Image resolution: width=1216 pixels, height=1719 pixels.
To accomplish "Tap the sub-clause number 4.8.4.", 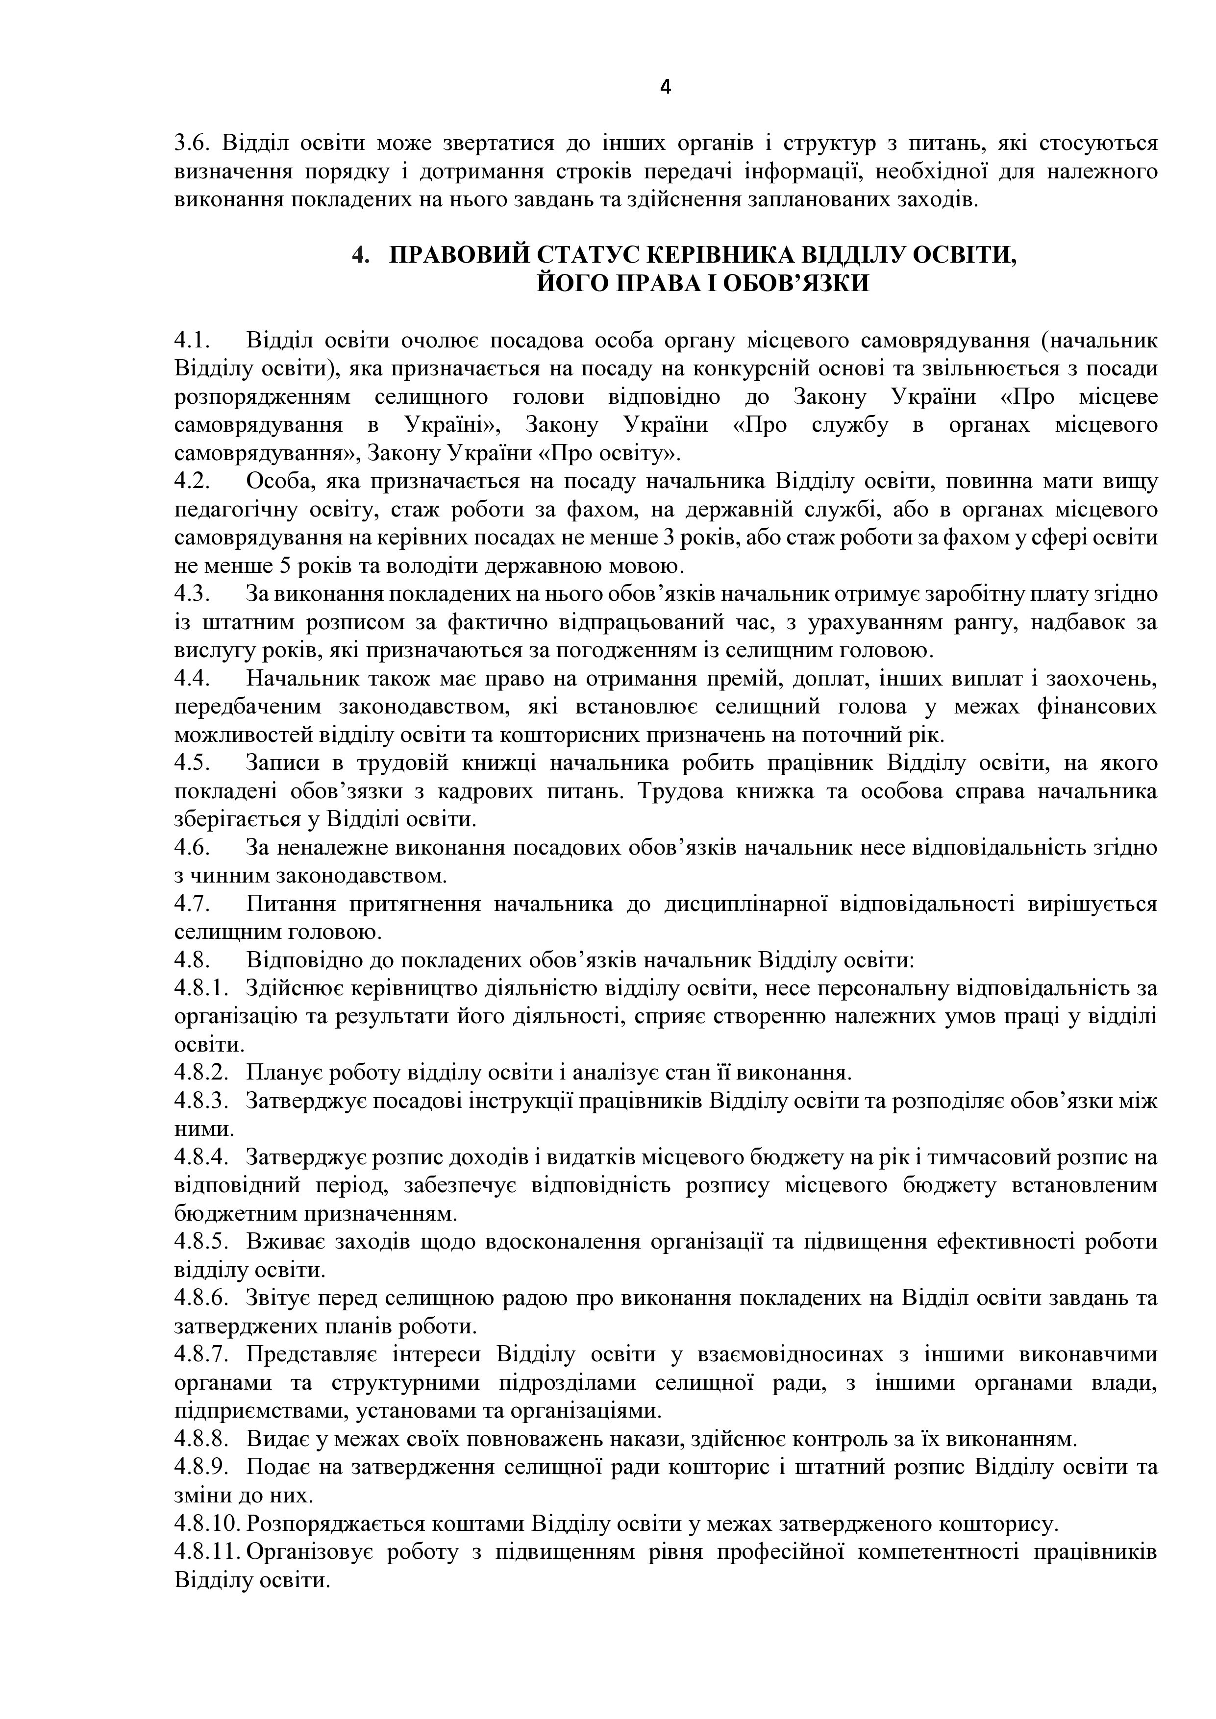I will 200,1157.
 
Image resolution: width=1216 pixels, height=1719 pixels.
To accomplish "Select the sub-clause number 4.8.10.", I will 206,1523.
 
